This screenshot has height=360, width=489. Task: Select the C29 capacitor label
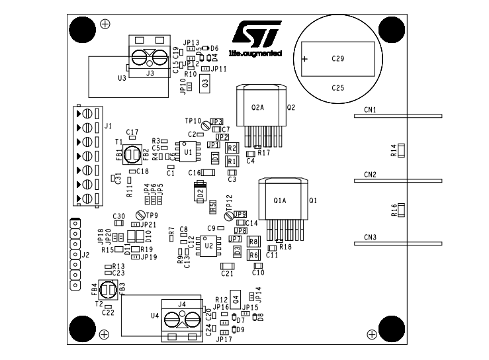[x=338, y=58]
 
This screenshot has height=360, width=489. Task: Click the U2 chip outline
[x=208, y=246]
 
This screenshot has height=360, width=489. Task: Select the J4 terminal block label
[x=182, y=304]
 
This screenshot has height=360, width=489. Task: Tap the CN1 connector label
[x=370, y=110]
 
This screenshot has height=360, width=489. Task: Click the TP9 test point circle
[x=140, y=215]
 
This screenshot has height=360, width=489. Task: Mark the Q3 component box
[x=205, y=83]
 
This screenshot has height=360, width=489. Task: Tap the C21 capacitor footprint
[x=227, y=265]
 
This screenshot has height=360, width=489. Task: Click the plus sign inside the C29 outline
[x=304, y=59]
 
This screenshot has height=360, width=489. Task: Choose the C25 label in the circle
[x=338, y=87]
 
